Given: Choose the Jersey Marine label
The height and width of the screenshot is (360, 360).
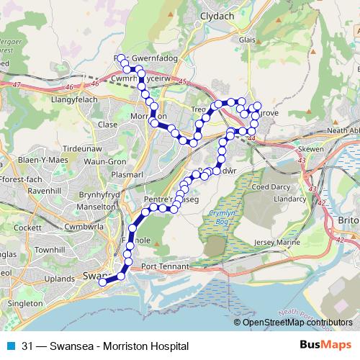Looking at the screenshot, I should click(x=276, y=243).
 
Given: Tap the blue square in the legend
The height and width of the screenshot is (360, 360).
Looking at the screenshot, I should click(x=10, y=346).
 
